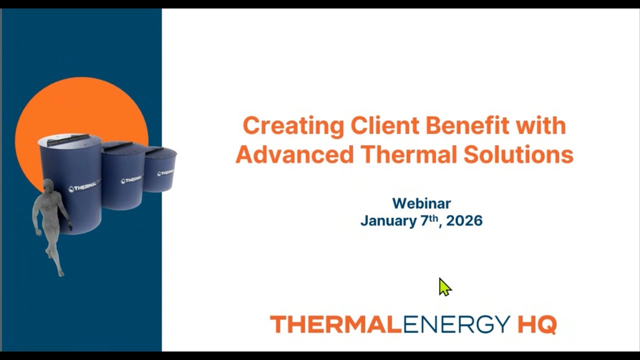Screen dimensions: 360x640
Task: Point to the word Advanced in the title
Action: pos(294,154)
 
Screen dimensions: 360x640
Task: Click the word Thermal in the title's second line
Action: pos(408,154)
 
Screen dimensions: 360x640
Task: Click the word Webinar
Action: pos(421,203)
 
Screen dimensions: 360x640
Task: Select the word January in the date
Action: pos(388,221)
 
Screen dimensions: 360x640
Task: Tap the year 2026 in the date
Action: pos(464,221)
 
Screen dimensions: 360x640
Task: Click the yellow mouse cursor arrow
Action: pos(444,287)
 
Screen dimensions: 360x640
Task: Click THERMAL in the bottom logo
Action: pos(336,324)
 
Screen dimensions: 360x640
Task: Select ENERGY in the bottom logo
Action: pos(456,324)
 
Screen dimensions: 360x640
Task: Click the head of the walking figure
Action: pos(48,186)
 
